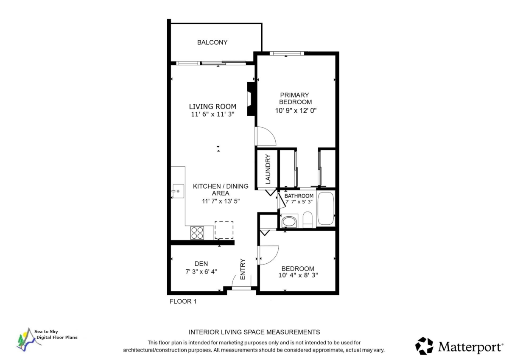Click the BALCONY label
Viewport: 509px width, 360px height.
212,42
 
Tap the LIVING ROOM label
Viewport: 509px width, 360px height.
213,106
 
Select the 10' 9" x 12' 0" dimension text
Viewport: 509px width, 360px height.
296,111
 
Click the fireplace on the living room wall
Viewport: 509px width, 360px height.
251,99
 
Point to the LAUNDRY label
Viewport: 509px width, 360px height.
268,169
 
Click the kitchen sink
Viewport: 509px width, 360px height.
178,191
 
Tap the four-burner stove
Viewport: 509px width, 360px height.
197,233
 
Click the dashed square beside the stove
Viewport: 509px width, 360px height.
224,230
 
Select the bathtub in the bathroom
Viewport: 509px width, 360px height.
326,208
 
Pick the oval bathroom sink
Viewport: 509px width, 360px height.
289,222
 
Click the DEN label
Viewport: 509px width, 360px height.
201,264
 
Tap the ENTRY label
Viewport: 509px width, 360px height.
243,269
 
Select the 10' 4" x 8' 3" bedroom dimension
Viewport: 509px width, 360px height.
298,275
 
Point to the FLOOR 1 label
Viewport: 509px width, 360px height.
183,301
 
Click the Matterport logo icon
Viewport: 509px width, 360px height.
424,346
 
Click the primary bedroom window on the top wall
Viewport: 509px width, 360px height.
287,53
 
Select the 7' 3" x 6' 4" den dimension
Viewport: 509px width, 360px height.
201,272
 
